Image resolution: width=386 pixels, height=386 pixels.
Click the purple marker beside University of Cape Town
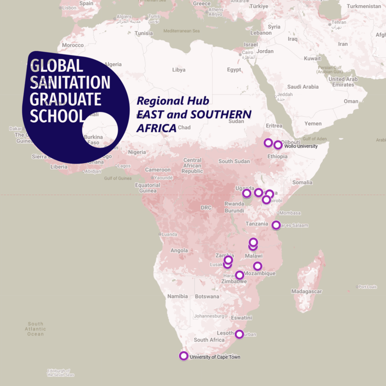point(183,356)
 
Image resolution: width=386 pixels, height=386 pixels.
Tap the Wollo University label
point(301,146)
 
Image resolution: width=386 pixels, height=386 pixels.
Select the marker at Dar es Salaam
point(276,225)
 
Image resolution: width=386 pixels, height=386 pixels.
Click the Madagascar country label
point(306,291)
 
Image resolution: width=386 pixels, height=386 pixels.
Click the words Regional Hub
point(173,101)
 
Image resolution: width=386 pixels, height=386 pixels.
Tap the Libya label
point(179,70)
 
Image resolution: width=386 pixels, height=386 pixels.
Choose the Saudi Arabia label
point(303,87)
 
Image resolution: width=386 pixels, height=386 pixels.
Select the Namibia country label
point(177,296)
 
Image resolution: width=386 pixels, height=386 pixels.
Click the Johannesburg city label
point(208,317)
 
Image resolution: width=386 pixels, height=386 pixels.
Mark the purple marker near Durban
point(239,334)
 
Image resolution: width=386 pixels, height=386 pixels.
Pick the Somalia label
point(303,182)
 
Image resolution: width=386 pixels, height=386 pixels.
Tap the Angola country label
point(179,250)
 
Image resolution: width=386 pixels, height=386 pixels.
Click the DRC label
point(206,208)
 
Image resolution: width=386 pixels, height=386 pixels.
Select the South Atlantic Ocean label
point(36,329)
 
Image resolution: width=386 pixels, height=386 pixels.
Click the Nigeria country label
point(137,152)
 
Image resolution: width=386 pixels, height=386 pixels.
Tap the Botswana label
point(207,296)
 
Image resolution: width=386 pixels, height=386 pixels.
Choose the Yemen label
point(313,124)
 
